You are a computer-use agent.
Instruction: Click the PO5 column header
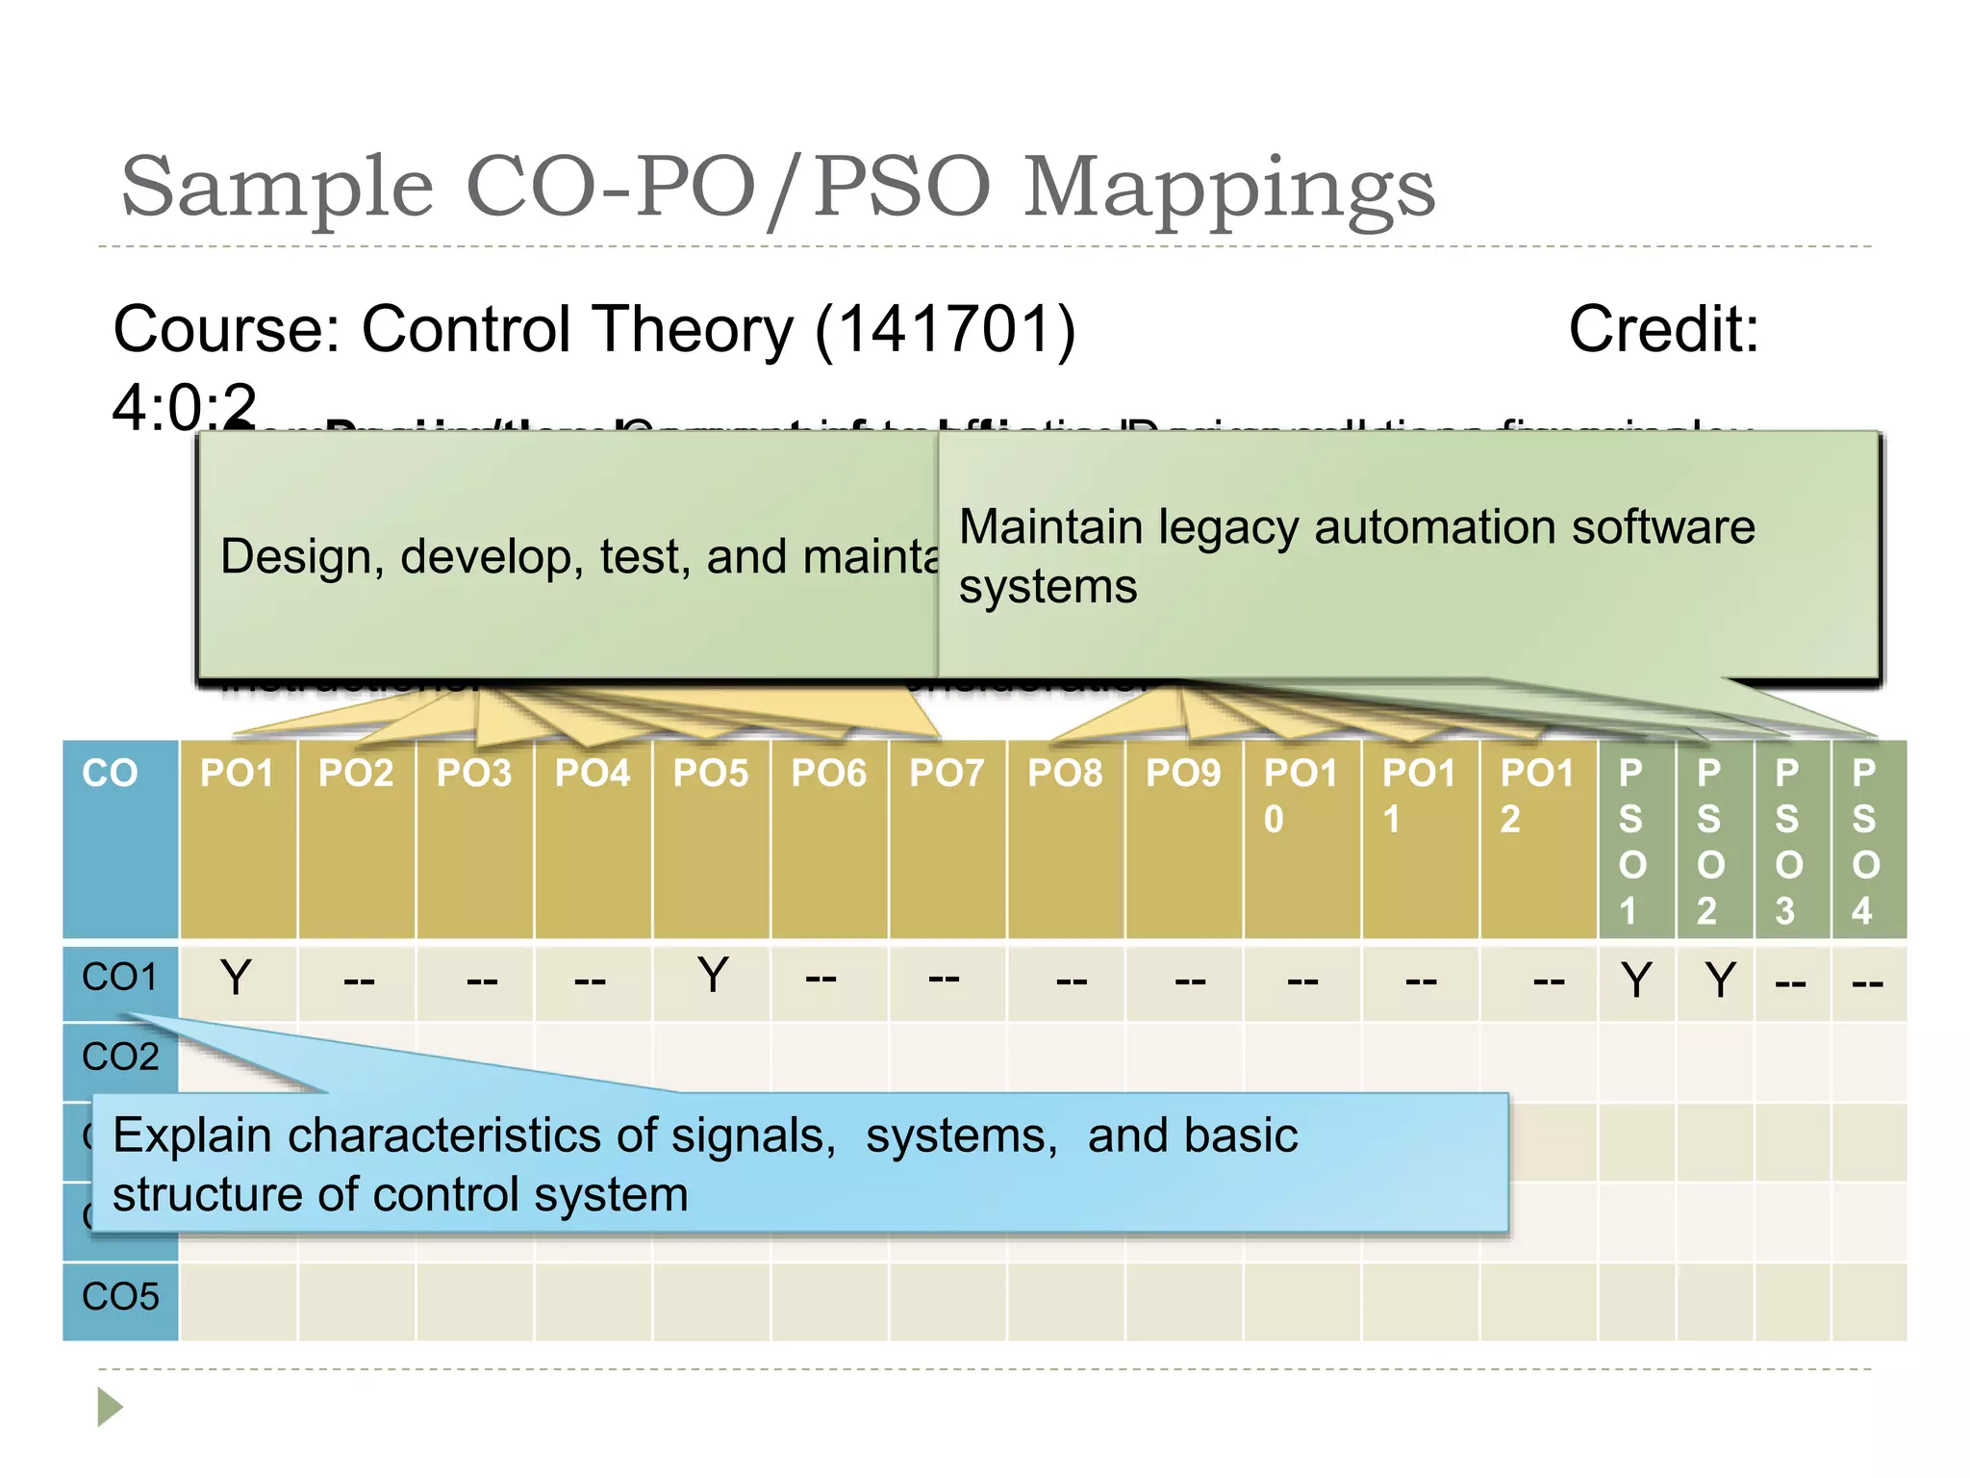[x=710, y=774]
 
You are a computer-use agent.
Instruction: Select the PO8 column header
[x=1065, y=774]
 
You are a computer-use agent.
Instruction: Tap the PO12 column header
[x=1536, y=795]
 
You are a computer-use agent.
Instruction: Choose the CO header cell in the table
[x=110, y=774]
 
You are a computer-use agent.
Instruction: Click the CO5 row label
[x=120, y=1297]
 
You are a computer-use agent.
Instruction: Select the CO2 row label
[x=120, y=1058]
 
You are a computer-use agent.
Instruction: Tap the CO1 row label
[x=119, y=978]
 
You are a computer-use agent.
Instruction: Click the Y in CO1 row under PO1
[x=236, y=978]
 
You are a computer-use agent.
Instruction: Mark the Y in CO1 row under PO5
[x=713, y=976]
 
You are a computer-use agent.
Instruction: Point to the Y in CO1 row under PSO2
[x=1721, y=981]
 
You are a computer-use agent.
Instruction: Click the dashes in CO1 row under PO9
[x=1190, y=981]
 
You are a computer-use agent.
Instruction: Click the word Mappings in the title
[x=1228, y=187]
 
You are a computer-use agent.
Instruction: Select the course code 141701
[x=945, y=330]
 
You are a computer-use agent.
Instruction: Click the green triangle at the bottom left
[x=110, y=1407]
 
